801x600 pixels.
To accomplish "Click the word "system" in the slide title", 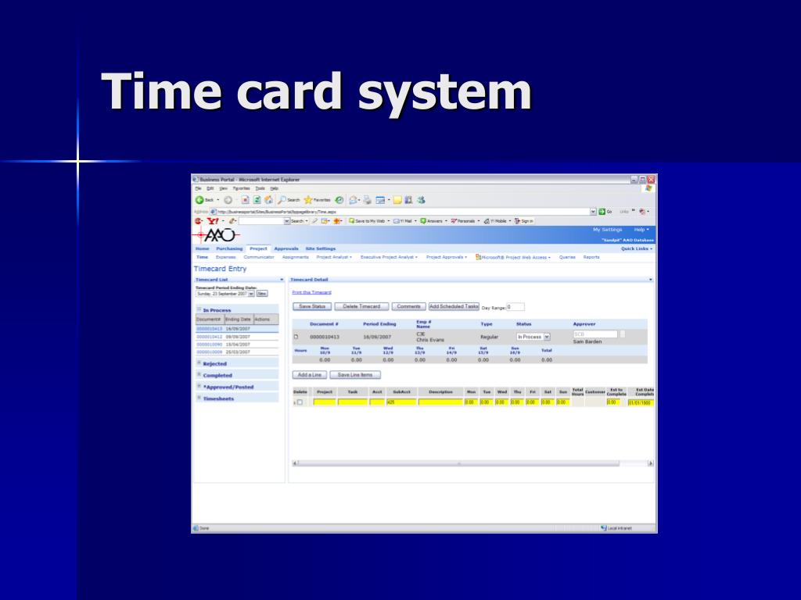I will (x=444, y=91).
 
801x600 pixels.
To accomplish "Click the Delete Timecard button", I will (x=361, y=306).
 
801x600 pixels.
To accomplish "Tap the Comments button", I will (x=409, y=306).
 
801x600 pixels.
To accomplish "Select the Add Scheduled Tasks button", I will (x=454, y=306).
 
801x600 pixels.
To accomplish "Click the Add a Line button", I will (x=311, y=375).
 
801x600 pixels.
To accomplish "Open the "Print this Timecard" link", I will (x=311, y=292).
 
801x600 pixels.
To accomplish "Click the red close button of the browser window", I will (x=651, y=180).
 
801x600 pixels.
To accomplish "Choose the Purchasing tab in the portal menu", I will (x=229, y=248).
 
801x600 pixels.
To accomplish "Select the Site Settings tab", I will (x=320, y=248).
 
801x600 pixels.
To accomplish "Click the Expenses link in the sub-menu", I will (x=225, y=257).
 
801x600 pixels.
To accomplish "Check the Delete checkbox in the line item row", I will (x=299, y=402).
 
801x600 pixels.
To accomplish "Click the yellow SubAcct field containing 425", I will (x=400, y=402).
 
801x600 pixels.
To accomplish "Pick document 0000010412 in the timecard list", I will (x=209, y=337).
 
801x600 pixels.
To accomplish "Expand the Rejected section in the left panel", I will (x=214, y=363).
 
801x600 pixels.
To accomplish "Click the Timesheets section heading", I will (x=218, y=398).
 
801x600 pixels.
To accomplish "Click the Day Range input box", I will (x=515, y=307).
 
